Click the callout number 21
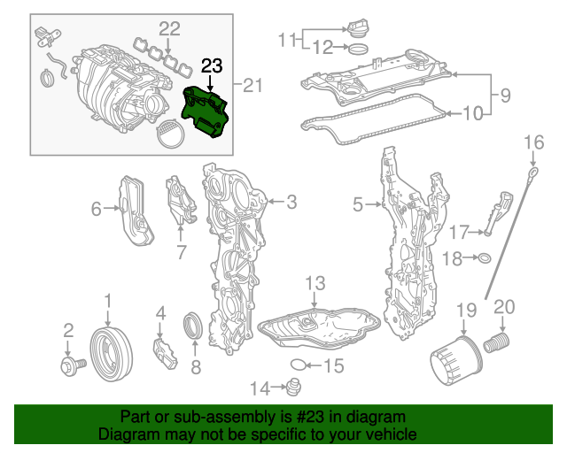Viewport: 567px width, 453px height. [254, 85]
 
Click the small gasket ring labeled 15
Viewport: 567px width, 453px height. [299, 365]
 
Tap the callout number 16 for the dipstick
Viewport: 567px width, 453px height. [533, 142]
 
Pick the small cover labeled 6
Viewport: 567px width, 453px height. [136, 210]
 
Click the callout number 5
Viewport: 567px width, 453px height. [358, 205]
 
